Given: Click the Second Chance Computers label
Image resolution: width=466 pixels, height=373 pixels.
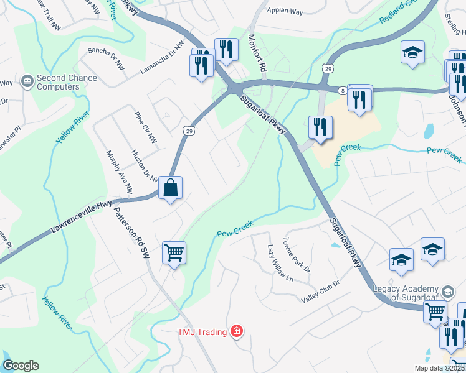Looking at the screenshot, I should point(67,83).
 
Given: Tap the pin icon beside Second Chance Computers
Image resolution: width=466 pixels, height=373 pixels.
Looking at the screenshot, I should point(27,80).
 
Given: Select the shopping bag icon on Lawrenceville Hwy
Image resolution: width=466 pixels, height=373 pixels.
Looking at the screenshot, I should point(170,187).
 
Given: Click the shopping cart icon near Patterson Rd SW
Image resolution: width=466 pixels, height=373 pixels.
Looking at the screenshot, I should point(174,253).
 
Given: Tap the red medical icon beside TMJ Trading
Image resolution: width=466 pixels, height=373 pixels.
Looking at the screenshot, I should point(236,331).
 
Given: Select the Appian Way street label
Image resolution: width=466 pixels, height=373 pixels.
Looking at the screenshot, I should point(284,11).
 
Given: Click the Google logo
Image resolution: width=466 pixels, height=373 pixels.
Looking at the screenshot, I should point(21,366).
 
